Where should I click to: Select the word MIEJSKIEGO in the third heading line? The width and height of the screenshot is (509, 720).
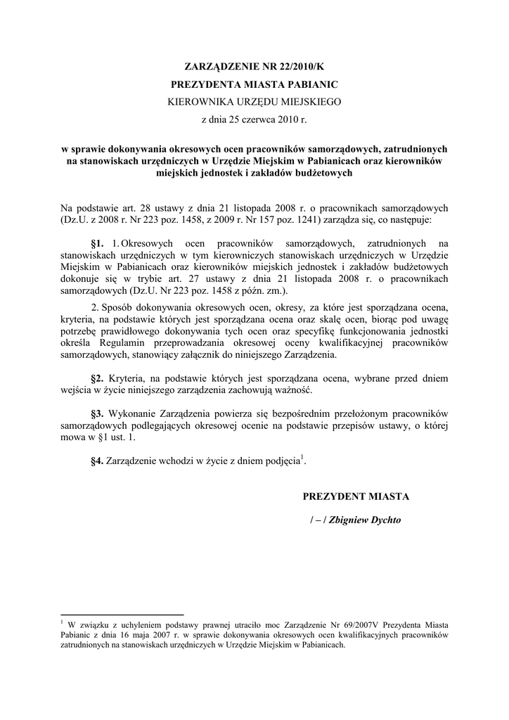coord(307,102)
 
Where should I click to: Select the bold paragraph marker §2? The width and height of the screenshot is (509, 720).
coord(98,379)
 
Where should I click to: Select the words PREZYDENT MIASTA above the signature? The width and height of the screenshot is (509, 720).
coord(356,496)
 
